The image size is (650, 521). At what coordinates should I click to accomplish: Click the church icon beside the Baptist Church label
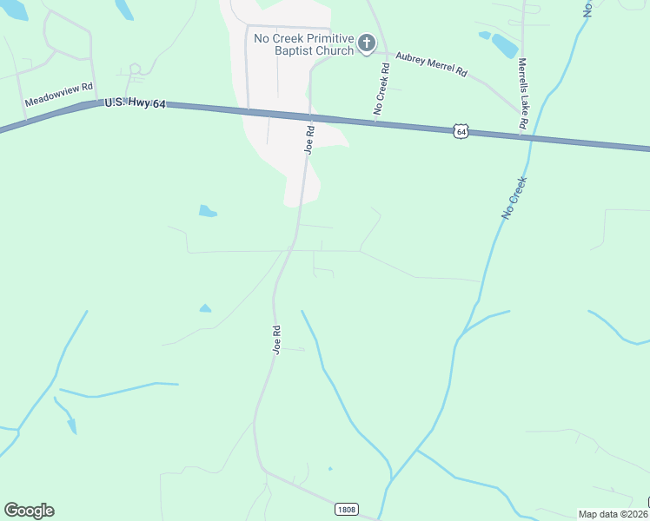pyautogui.click(x=367, y=43)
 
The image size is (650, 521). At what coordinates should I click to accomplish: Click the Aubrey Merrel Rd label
pyautogui.click(x=432, y=66)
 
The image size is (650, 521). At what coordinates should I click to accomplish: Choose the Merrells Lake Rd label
pyautogui.click(x=523, y=95)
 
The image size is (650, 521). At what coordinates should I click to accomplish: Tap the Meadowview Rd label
pyautogui.click(x=58, y=95)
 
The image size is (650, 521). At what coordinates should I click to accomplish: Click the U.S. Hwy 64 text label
pyautogui.click(x=134, y=103)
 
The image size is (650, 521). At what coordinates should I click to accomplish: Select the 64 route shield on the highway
pyautogui.click(x=461, y=131)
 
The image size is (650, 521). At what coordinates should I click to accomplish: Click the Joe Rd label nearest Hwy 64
pyautogui.click(x=308, y=138)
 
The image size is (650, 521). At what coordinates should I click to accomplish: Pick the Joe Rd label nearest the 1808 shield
pyautogui.click(x=276, y=340)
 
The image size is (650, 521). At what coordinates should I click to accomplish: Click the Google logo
pyautogui.click(x=29, y=511)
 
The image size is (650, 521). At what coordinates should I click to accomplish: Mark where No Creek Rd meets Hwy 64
pyautogui.click(x=375, y=121)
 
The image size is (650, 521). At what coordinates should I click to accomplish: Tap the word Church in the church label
pyautogui.click(x=335, y=50)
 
